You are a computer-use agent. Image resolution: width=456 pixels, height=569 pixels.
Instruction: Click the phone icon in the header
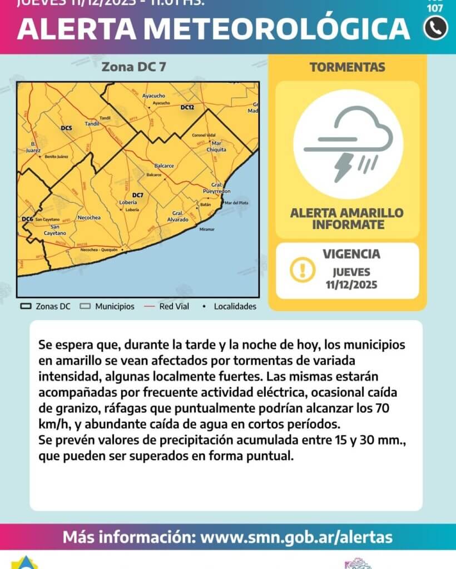(435, 28)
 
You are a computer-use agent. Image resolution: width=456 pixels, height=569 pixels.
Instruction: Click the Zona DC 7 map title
(133, 67)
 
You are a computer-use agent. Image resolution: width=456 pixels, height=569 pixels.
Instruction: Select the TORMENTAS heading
(347, 67)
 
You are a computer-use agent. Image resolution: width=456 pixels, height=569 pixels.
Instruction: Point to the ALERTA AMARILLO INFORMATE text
(347, 219)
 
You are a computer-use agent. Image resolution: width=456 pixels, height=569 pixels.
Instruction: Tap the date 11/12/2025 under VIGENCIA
(351, 285)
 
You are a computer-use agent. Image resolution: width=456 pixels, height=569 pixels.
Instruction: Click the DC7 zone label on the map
(138, 195)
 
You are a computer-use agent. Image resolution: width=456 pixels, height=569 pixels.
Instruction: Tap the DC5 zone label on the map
(66, 128)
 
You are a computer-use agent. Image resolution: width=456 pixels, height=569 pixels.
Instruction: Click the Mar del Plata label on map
(236, 203)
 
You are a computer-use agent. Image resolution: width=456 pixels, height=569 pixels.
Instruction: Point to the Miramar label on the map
(206, 229)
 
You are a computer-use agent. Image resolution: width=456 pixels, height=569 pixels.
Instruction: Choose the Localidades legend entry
(230, 306)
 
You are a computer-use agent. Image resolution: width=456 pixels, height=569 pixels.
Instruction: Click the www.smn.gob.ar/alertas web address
(296, 537)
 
